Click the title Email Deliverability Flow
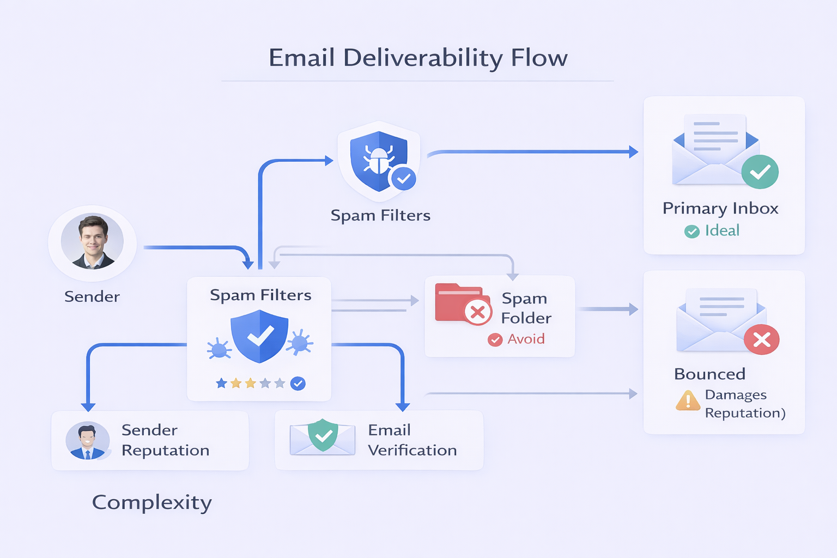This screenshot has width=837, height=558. point(418,58)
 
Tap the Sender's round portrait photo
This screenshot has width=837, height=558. point(92,242)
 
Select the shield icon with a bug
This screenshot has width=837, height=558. point(379,161)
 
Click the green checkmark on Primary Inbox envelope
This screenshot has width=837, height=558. point(760,172)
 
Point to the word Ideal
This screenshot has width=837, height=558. point(722,231)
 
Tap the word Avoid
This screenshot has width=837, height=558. point(526,339)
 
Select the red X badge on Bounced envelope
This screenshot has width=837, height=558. point(761,339)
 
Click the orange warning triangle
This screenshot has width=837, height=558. point(688,401)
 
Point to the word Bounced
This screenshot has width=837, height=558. point(709,374)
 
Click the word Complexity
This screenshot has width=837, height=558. point(151,502)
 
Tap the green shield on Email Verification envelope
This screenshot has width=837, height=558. point(323,435)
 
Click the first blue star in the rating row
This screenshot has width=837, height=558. point(221,384)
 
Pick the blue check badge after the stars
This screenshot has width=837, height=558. point(298,384)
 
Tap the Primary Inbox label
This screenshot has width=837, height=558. point(720,208)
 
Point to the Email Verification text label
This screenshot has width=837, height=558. point(412,440)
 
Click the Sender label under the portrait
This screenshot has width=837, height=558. point(92,296)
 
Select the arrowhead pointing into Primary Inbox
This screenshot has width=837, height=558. point(633,152)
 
